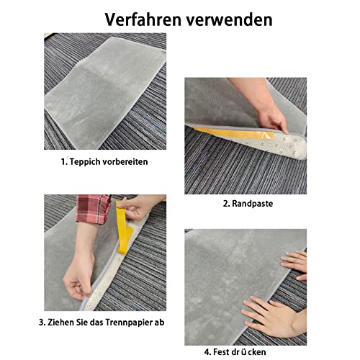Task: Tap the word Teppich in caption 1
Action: (86, 162)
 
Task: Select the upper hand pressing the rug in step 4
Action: (294, 264)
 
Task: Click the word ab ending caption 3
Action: (159, 322)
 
